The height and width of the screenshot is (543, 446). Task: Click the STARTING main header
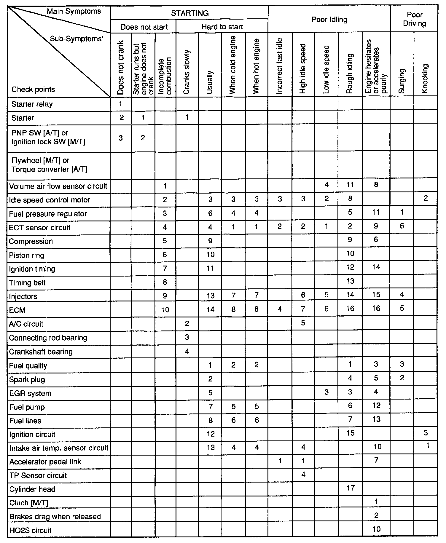(190, 13)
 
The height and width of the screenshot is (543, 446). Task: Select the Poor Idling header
(329, 20)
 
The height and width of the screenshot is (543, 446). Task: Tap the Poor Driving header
(414, 19)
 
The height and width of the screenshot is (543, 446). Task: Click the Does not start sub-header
(144, 27)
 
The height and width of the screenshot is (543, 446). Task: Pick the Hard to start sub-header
(222, 27)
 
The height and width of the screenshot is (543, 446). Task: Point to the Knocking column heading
(425, 79)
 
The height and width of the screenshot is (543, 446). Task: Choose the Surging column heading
(402, 81)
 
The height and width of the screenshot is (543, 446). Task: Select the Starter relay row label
(32, 104)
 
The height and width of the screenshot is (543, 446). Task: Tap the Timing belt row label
(27, 283)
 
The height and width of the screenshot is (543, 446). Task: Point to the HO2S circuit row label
(31, 530)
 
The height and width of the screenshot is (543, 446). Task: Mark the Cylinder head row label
(32, 489)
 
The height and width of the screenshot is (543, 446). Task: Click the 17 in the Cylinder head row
(350, 488)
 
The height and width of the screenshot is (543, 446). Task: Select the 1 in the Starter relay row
(121, 104)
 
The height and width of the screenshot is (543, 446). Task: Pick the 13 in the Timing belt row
(350, 281)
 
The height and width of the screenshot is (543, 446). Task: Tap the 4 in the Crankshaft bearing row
(187, 352)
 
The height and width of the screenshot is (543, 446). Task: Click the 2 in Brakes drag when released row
(376, 515)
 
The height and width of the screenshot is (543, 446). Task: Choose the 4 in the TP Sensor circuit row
(303, 475)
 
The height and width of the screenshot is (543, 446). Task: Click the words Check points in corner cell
(33, 90)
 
